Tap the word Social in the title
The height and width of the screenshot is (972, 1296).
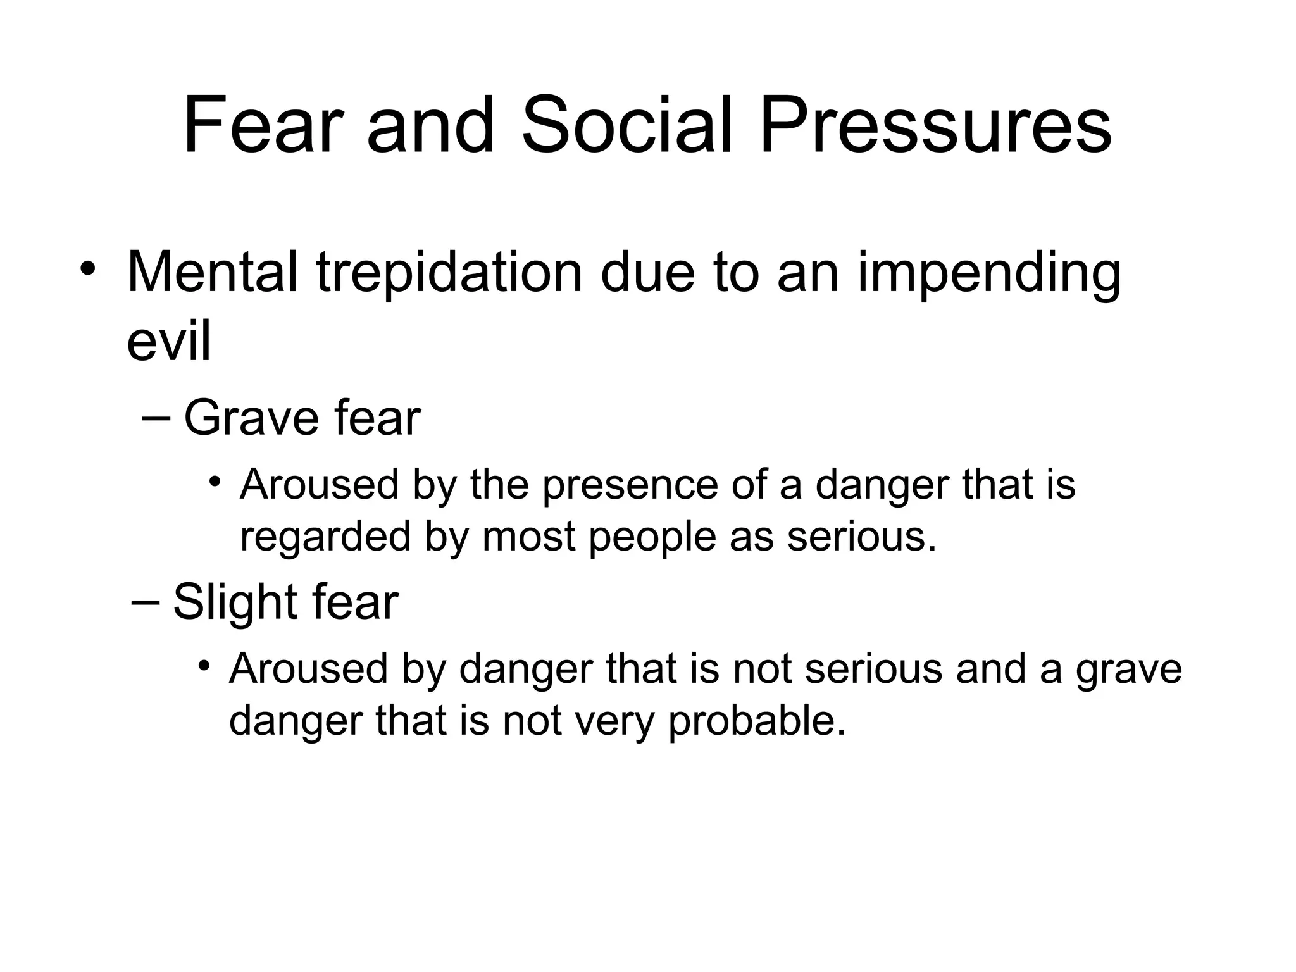coord(626,125)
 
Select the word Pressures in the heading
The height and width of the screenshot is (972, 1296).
coord(935,125)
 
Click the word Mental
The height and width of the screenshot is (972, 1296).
coord(212,273)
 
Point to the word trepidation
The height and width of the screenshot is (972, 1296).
coord(449,274)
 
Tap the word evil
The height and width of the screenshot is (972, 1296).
coord(168,342)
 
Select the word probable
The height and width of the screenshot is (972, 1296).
coord(757,721)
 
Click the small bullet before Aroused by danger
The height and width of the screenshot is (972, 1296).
coord(203,666)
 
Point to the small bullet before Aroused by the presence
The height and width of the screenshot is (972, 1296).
coord(215,482)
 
